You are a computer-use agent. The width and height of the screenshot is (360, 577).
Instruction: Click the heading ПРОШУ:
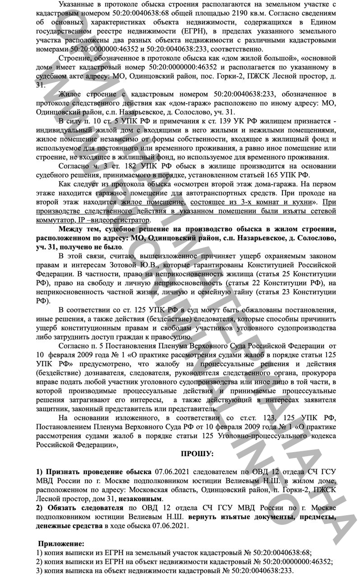197,453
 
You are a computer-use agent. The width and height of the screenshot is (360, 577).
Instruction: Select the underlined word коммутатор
54,220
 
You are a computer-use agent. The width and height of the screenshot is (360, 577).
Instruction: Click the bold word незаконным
140,499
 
